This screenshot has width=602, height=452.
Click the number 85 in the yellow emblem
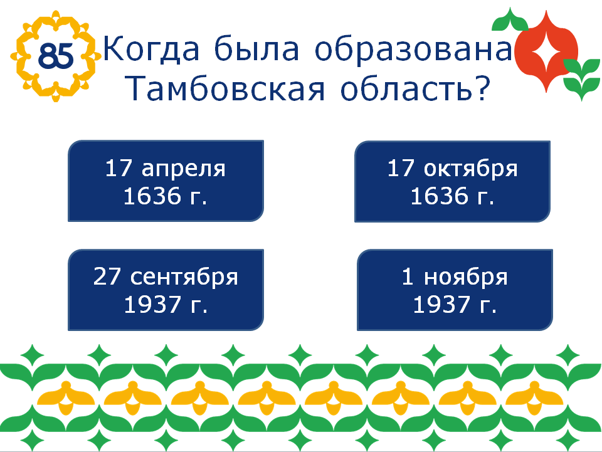point(56,56)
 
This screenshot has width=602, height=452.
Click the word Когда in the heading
point(151,49)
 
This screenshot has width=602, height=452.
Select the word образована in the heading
point(414,49)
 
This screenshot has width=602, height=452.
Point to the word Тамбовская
point(226,88)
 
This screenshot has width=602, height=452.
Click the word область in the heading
point(406,88)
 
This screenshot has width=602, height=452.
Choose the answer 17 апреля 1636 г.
point(166,181)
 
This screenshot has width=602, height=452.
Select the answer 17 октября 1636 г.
point(452,182)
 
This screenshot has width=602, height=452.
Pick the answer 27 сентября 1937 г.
point(166,290)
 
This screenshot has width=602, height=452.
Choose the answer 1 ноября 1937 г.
point(455,290)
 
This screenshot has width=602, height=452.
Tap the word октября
point(471,169)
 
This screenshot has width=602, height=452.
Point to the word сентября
point(184,278)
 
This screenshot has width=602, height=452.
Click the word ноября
point(466,278)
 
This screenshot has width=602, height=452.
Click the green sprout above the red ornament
point(510,19)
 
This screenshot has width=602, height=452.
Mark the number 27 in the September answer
point(107,276)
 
